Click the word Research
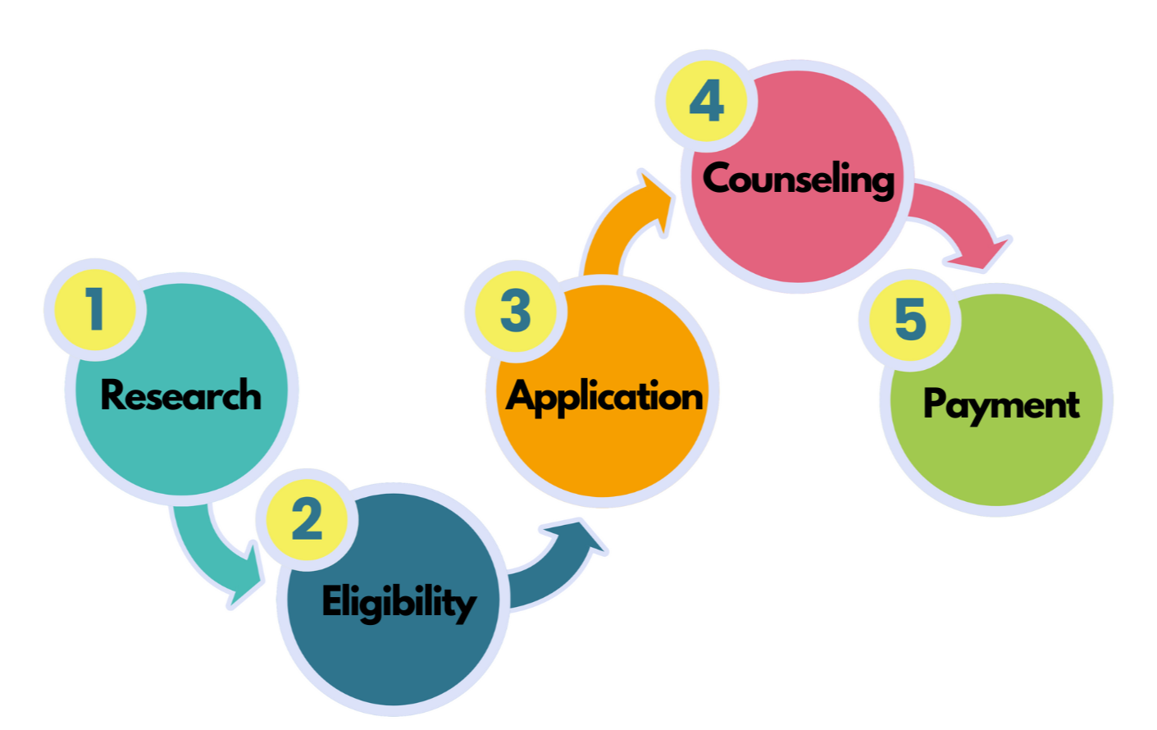click(180, 395)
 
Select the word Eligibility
click(399, 602)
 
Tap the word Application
click(604, 397)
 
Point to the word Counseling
click(798, 179)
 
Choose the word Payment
click(1000, 404)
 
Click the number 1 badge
click(95, 310)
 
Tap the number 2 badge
click(307, 519)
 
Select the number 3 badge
click(515, 311)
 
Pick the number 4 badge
click(706, 102)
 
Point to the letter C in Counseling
click(718, 178)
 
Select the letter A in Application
click(521, 396)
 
